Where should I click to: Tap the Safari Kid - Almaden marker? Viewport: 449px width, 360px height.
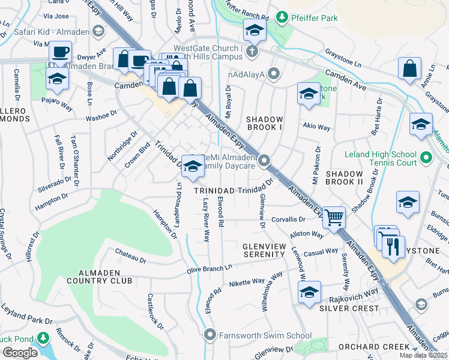coord(99,31)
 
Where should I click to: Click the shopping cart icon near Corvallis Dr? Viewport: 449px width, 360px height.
coord(334,217)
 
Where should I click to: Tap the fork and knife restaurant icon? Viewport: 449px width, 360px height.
coord(393,245)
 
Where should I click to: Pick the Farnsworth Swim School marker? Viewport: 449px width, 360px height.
coord(209,334)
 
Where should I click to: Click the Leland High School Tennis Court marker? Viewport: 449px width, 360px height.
coord(426,158)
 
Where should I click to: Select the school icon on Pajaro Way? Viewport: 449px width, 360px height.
coord(57,77)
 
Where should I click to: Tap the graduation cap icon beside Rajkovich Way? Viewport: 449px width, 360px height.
coord(309,292)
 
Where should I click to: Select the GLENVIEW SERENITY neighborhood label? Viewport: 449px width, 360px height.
coord(264,250)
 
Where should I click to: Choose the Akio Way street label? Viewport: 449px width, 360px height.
coord(316,127)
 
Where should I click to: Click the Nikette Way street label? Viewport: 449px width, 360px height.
coord(247,281)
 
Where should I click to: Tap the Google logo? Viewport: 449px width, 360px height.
coord(20,352)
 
